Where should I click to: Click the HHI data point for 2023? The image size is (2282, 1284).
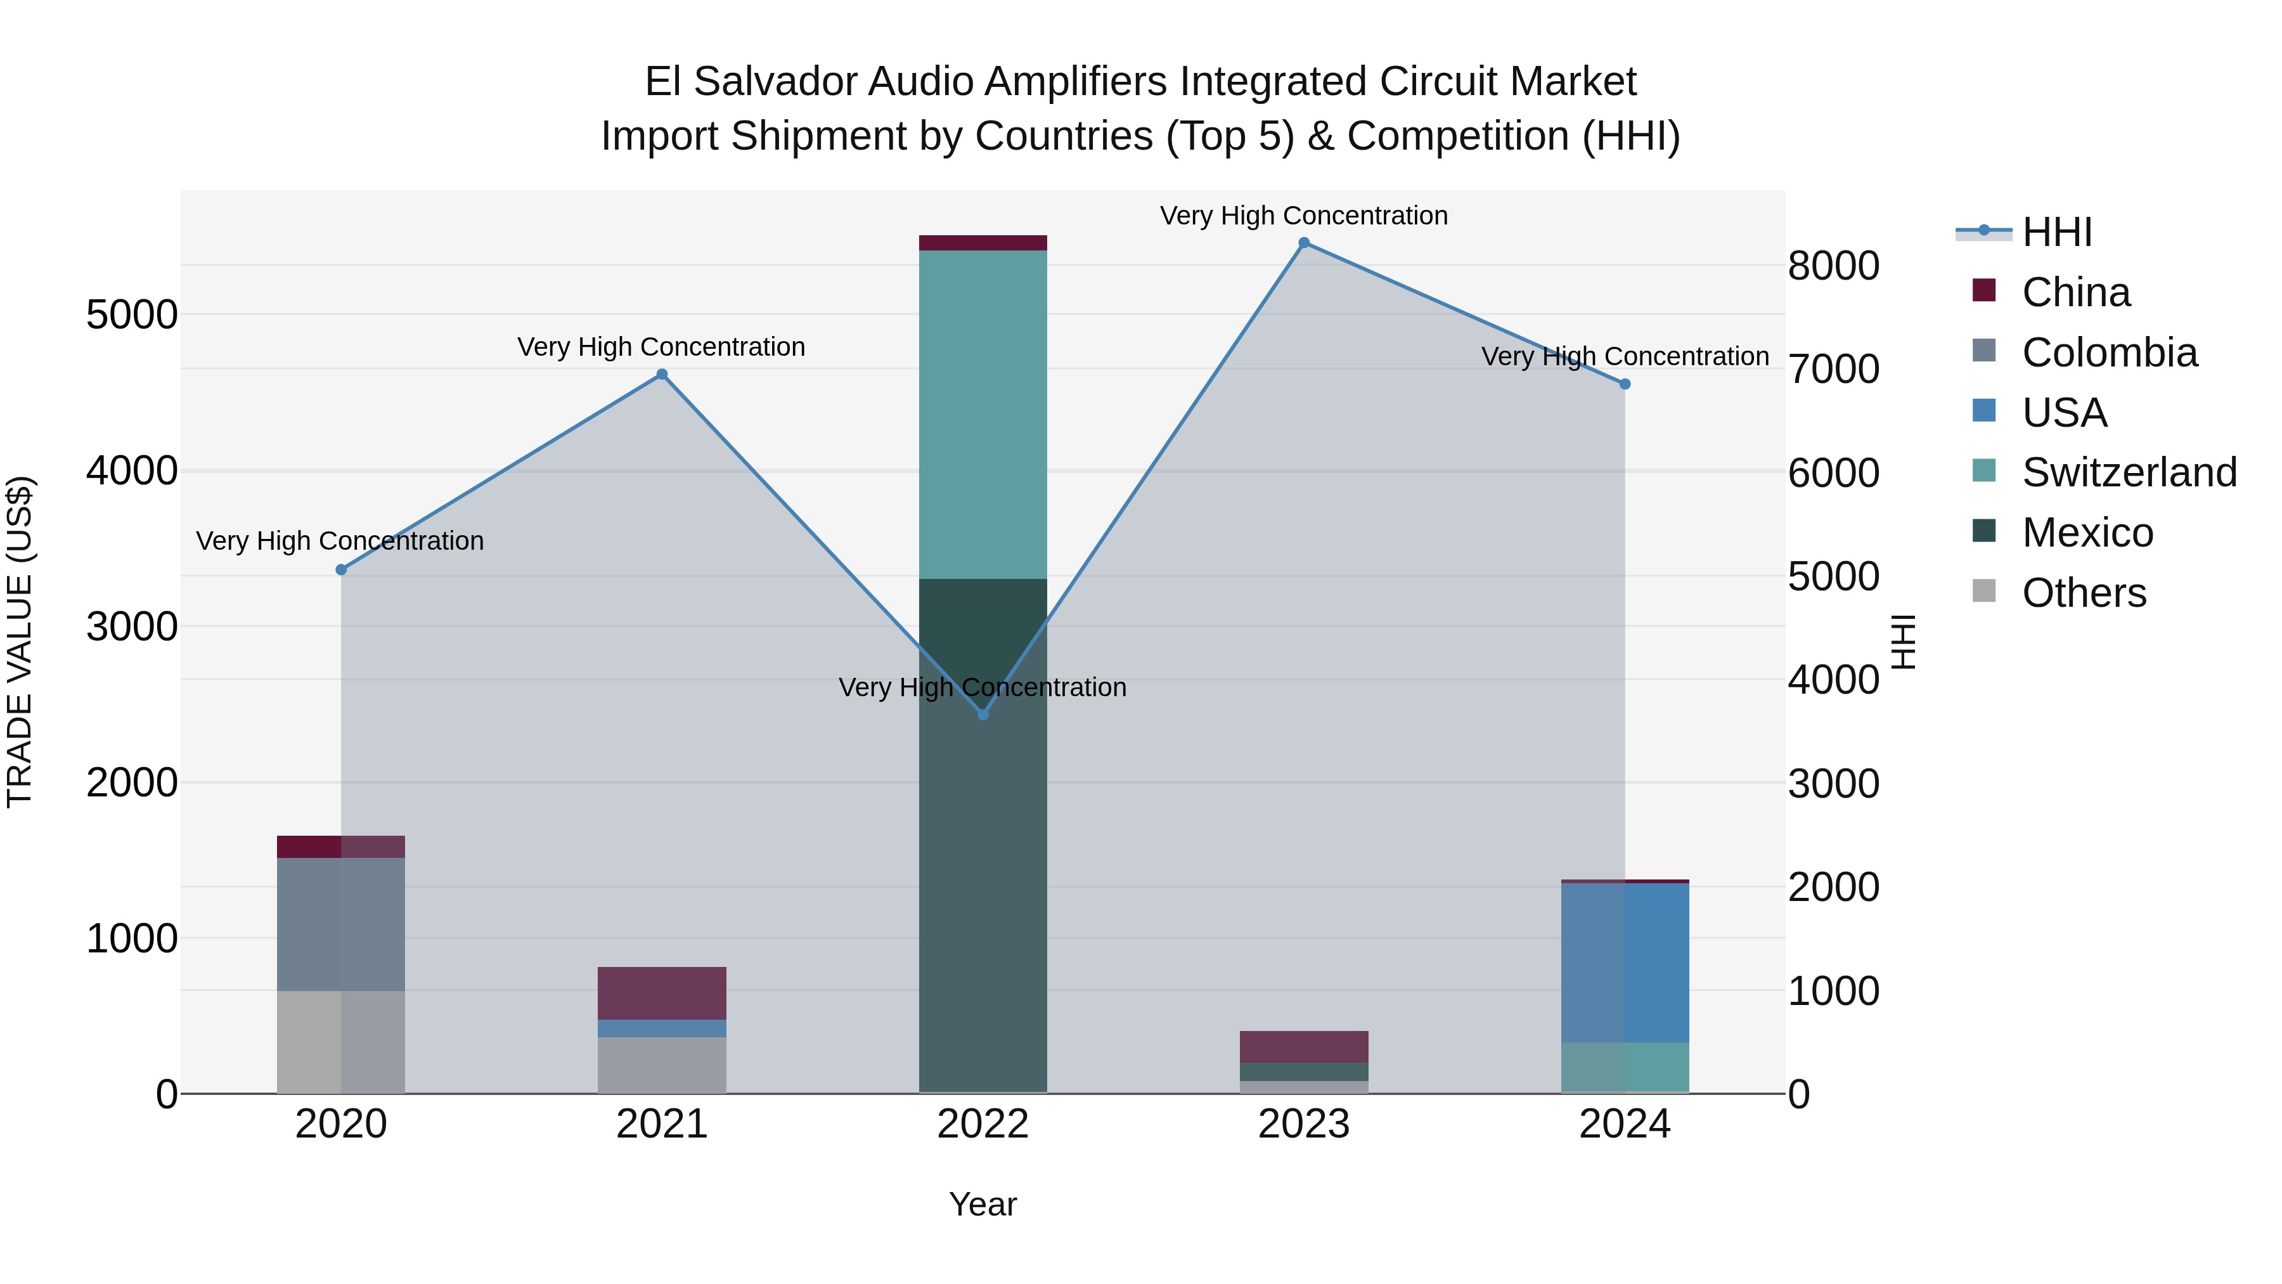(x=1303, y=243)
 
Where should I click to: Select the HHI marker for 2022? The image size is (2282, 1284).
(x=983, y=714)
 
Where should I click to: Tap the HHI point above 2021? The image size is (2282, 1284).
(x=662, y=374)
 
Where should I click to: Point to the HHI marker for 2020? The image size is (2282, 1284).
(x=341, y=570)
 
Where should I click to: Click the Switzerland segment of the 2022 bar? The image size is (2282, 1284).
(x=983, y=414)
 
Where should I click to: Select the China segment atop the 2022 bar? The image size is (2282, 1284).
(x=983, y=243)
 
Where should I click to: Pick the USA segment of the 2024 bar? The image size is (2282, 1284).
(x=1625, y=963)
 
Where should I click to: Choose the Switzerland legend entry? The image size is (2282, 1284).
(x=2129, y=472)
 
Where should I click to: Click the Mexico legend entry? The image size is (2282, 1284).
(x=2087, y=533)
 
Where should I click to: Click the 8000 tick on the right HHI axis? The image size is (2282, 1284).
(x=1833, y=266)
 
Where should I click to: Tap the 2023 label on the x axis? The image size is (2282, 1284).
(x=1303, y=1124)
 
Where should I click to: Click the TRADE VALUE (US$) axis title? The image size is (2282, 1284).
(x=20, y=642)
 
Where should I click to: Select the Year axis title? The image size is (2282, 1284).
(x=983, y=1204)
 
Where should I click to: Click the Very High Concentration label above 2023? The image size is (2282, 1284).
(x=1303, y=216)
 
